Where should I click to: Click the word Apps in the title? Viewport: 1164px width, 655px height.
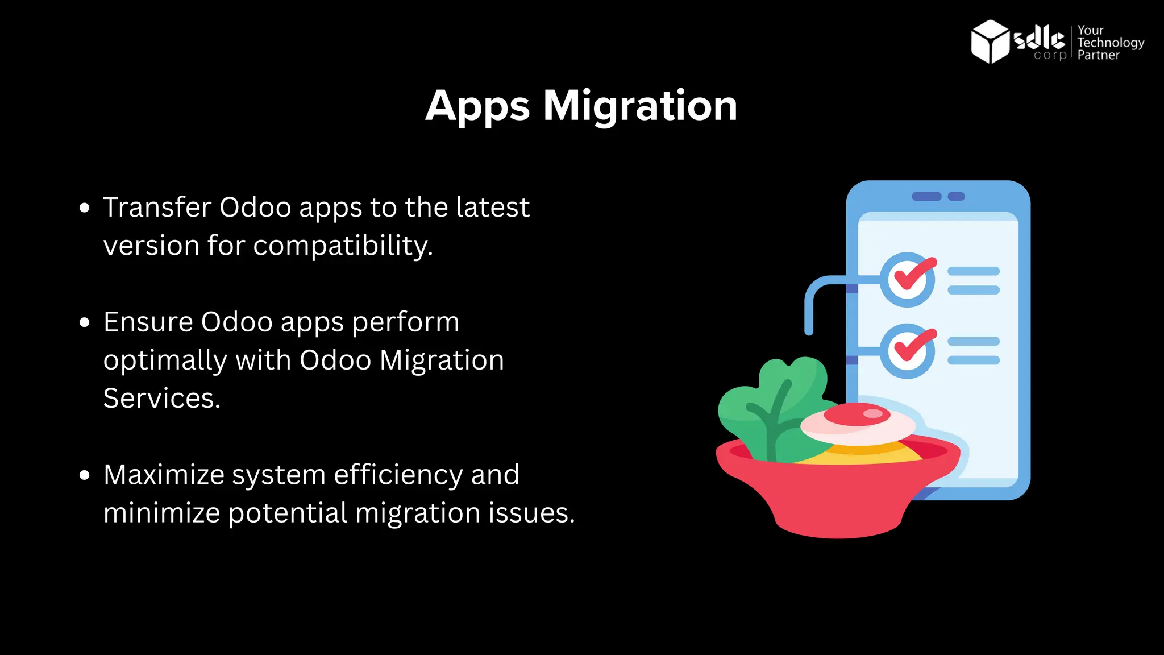coord(477,107)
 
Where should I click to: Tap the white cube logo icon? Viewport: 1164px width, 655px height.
coord(990,42)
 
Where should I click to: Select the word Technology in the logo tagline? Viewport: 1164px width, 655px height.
coord(1111,43)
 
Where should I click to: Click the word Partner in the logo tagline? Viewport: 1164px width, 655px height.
coord(1098,55)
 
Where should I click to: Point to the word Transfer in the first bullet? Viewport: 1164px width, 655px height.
coord(157,207)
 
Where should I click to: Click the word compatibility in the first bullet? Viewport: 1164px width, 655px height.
coord(342,246)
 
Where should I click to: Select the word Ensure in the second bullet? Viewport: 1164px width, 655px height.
coord(148,322)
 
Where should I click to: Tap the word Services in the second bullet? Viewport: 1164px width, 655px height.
coord(161,398)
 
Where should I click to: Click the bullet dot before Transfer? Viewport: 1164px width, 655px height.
coord(85,208)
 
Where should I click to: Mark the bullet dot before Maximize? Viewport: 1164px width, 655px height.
coord(85,475)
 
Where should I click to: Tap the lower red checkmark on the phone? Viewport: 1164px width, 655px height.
coord(913,345)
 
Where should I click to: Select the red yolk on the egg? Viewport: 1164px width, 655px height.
coord(857,414)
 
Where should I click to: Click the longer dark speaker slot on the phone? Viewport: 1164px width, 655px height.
coord(926,196)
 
